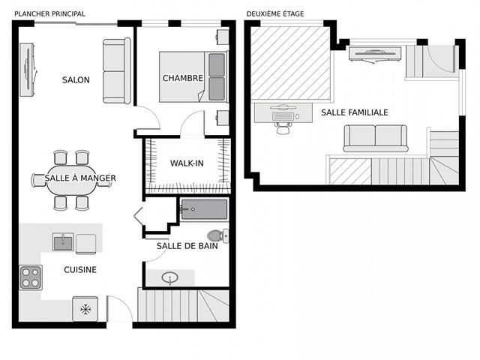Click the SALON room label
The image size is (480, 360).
[x=76, y=80]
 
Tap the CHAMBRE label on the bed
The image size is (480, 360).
[x=183, y=78]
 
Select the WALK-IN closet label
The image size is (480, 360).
[x=187, y=163]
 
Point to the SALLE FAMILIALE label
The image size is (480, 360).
[x=355, y=112]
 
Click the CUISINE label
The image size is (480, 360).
[x=80, y=270]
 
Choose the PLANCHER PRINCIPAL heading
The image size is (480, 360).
[x=50, y=14]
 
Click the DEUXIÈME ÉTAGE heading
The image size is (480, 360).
[x=275, y=14]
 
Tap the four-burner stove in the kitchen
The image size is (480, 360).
[x=31, y=277]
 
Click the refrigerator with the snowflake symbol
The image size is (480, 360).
[x=85, y=309]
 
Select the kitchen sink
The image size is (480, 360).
[x=63, y=241]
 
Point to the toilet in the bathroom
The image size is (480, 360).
[x=217, y=235]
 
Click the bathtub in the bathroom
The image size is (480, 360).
[x=204, y=210]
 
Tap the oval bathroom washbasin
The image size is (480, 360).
[x=170, y=278]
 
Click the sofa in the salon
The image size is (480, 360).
[x=117, y=70]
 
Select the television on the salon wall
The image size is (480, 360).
[x=28, y=70]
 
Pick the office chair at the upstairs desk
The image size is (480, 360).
[x=283, y=127]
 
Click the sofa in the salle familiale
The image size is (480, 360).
[x=376, y=139]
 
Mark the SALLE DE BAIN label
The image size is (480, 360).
[x=187, y=246]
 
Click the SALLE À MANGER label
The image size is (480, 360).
[x=80, y=178]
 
